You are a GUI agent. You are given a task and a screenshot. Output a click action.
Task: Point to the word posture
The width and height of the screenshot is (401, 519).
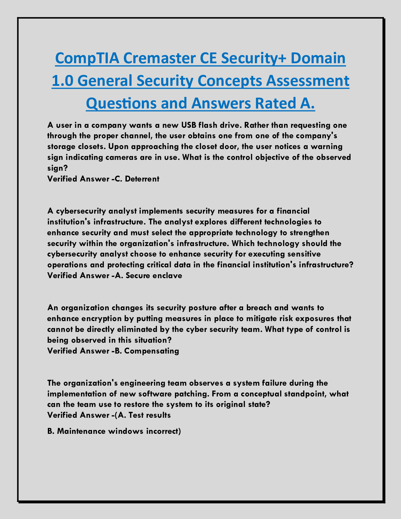pyautogui.click(x=177, y=308)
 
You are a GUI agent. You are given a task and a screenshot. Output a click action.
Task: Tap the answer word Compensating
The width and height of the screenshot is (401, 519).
pyautogui.click(x=152, y=351)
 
